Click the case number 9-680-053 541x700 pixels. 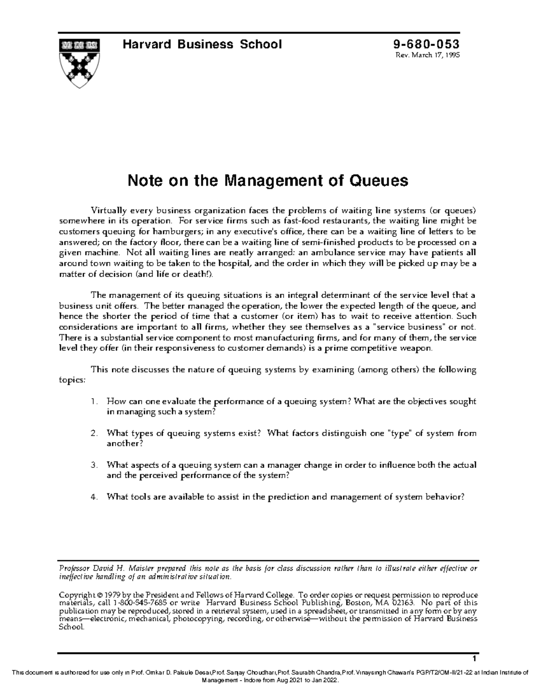pos(426,44)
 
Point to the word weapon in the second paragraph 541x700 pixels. pos(417,348)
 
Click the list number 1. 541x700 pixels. pos(93,402)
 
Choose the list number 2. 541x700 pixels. pos(93,434)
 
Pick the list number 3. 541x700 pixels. pos(93,465)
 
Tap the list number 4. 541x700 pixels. pos(93,497)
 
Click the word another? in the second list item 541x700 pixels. pos(124,444)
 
